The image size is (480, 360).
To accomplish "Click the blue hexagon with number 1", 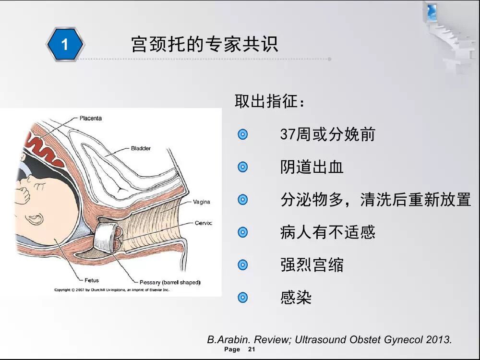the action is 65,44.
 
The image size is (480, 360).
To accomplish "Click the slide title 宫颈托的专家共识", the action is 204,44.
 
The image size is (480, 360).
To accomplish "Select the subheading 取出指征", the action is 270,101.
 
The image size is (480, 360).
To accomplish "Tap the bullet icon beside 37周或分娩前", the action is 242,134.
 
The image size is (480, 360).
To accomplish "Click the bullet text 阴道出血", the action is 312,167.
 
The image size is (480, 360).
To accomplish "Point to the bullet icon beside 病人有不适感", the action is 242,232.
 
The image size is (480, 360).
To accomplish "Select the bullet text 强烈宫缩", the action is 312,265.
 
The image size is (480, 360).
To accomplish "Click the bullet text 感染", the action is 296,298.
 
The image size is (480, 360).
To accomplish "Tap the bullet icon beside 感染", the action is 242,297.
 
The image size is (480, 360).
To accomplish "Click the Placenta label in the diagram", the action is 91,118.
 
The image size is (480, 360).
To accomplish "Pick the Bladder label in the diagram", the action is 141,148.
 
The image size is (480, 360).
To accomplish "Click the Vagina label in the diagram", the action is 202,202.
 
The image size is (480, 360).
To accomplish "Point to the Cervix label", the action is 203,223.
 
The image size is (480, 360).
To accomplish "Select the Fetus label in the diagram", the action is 92,280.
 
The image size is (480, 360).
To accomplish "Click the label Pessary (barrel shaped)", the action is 170,282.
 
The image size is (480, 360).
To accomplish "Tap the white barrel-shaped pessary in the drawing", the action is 105,237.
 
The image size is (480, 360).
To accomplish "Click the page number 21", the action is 252,349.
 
